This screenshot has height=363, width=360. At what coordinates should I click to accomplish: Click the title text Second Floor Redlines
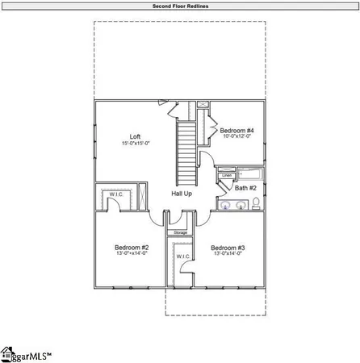pos(179,6)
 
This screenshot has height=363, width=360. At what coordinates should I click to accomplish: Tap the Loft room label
pos(136,136)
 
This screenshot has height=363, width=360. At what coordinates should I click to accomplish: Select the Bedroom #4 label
pos(238,130)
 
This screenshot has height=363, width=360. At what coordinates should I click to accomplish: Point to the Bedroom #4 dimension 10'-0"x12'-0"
pos(238,137)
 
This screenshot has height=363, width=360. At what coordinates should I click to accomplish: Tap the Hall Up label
pos(181,194)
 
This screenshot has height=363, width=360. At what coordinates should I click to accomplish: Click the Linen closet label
pos(227,175)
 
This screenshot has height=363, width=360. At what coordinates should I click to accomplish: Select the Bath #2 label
pos(245,188)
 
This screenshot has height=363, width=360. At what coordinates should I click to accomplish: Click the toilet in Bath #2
pos(256,206)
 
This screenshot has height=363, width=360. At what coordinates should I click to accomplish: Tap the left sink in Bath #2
pos(224,206)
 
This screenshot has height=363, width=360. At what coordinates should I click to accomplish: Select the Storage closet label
pos(180,233)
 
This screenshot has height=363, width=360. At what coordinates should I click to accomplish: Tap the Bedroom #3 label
pos(228,248)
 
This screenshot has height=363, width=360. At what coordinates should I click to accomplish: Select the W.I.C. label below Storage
pos(181,257)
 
